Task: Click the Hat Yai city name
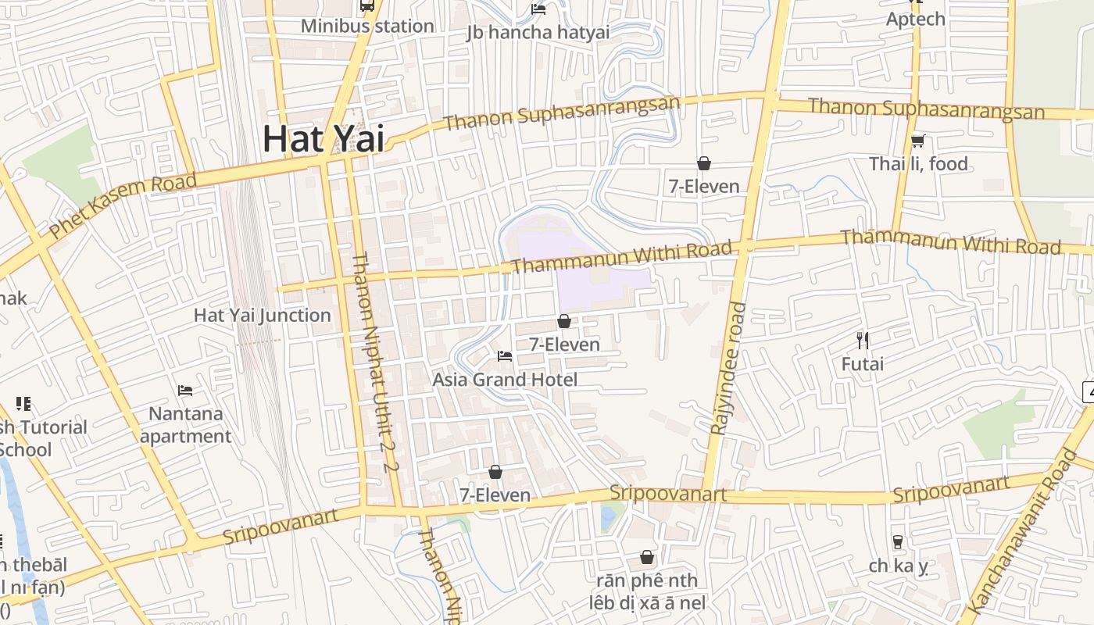[x=324, y=138]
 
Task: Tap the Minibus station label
[x=367, y=26]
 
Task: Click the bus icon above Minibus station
[x=367, y=5]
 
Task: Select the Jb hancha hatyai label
[x=538, y=32]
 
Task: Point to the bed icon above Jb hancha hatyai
[x=538, y=9]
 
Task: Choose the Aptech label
[x=915, y=19]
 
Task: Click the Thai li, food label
[x=918, y=164]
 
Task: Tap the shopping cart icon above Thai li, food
[x=918, y=141]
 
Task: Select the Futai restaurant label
[x=863, y=364]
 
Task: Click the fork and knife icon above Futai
[x=863, y=341]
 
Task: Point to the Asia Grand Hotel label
[x=505, y=380]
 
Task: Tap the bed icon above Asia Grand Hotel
[x=505, y=356]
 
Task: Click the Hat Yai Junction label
[x=263, y=316]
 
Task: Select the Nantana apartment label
[x=186, y=424]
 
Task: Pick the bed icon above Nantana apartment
[x=185, y=390]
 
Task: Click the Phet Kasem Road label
[x=123, y=206]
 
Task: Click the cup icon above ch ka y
[x=898, y=541]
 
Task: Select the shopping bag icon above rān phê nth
[x=647, y=558]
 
